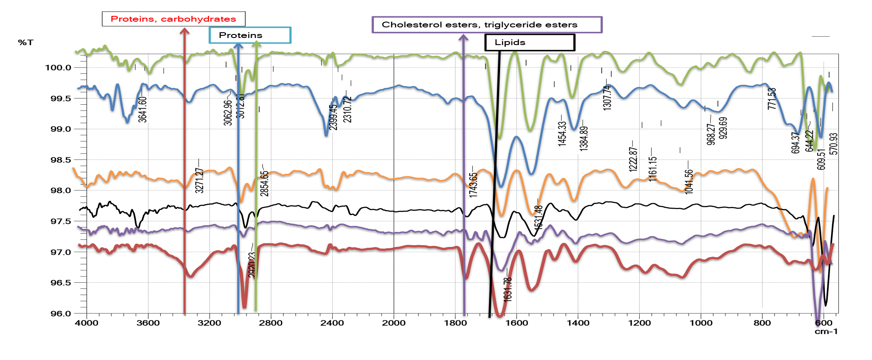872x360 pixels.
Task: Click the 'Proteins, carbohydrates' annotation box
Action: coord(173,19)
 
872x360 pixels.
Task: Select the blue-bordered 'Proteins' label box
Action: coord(250,35)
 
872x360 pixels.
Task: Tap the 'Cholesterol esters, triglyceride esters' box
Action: coord(487,25)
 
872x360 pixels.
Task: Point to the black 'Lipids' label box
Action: coord(529,42)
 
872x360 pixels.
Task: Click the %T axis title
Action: coord(26,42)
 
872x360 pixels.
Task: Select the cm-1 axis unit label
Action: coord(826,331)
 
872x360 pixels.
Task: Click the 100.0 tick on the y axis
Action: coord(58,68)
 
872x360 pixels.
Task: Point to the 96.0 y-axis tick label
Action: coord(61,314)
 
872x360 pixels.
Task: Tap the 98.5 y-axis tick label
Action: coord(61,160)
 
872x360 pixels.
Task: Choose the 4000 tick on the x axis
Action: coord(87,323)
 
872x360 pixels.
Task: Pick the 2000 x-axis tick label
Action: coord(394,323)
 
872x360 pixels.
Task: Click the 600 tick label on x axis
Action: coord(823,323)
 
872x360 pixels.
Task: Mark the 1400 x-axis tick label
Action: coord(578,323)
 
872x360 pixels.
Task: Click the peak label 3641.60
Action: coord(142,110)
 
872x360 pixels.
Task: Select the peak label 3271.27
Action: coord(199,180)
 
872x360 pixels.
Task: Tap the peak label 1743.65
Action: coord(473,184)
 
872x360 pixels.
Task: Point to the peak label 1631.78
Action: coord(508,289)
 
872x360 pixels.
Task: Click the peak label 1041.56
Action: coord(689,181)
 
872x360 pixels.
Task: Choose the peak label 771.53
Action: coord(771,99)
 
